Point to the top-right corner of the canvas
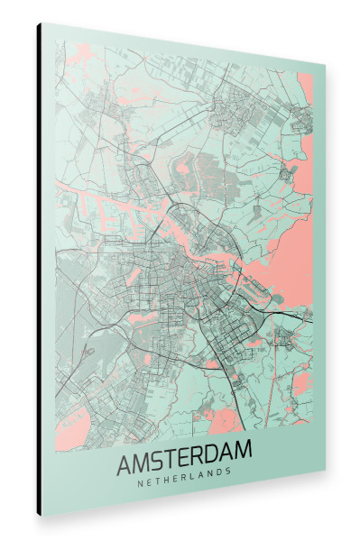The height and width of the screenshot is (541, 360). (325, 68)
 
